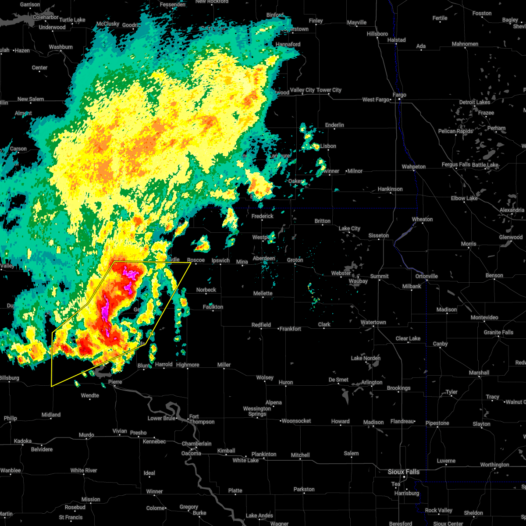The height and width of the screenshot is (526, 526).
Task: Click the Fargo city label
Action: (x=399, y=95)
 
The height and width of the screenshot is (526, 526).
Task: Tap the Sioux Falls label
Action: (x=403, y=472)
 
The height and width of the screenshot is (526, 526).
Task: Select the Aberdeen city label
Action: (x=264, y=258)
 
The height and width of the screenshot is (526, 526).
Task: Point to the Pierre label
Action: (x=115, y=382)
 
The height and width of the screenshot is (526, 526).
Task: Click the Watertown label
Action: (x=373, y=322)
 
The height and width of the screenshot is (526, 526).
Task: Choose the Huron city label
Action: (x=286, y=382)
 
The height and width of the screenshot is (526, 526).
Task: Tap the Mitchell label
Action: (x=300, y=455)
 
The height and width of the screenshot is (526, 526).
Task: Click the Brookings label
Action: (x=398, y=388)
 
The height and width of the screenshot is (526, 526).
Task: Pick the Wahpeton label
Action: (x=413, y=167)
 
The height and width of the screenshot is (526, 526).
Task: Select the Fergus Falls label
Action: (x=456, y=165)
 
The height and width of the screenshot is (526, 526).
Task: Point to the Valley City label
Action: (x=302, y=90)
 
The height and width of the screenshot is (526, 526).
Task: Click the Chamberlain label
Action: (x=197, y=444)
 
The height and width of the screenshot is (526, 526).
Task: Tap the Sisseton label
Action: (x=378, y=235)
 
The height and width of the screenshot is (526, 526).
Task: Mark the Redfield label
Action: (x=261, y=325)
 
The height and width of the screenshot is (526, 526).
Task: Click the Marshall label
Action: (x=479, y=373)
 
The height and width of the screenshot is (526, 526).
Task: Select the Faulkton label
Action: (x=213, y=307)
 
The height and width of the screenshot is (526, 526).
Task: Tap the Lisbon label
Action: (x=328, y=146)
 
